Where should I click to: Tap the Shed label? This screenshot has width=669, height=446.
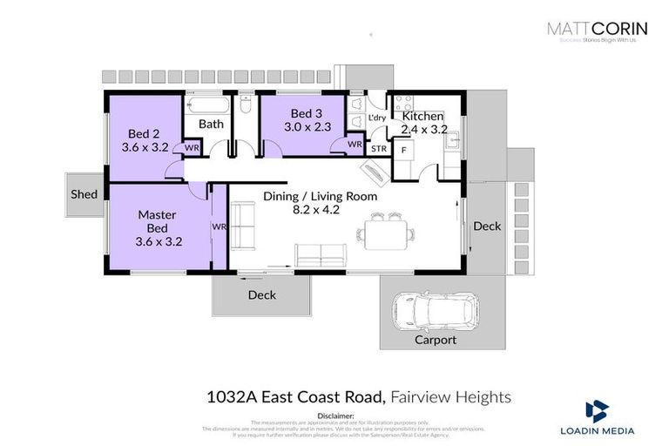84,194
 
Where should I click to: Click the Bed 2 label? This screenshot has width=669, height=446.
145,141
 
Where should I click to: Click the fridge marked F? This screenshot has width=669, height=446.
403,150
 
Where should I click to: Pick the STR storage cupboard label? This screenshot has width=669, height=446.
378,149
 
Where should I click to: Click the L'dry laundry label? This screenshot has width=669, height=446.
377,118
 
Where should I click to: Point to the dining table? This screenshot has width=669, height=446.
383,233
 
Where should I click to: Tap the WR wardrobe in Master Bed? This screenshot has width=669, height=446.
218,226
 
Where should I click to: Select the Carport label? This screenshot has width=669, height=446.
435,340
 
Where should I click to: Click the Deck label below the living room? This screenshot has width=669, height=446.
261,295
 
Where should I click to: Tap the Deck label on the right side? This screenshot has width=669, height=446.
487,226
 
